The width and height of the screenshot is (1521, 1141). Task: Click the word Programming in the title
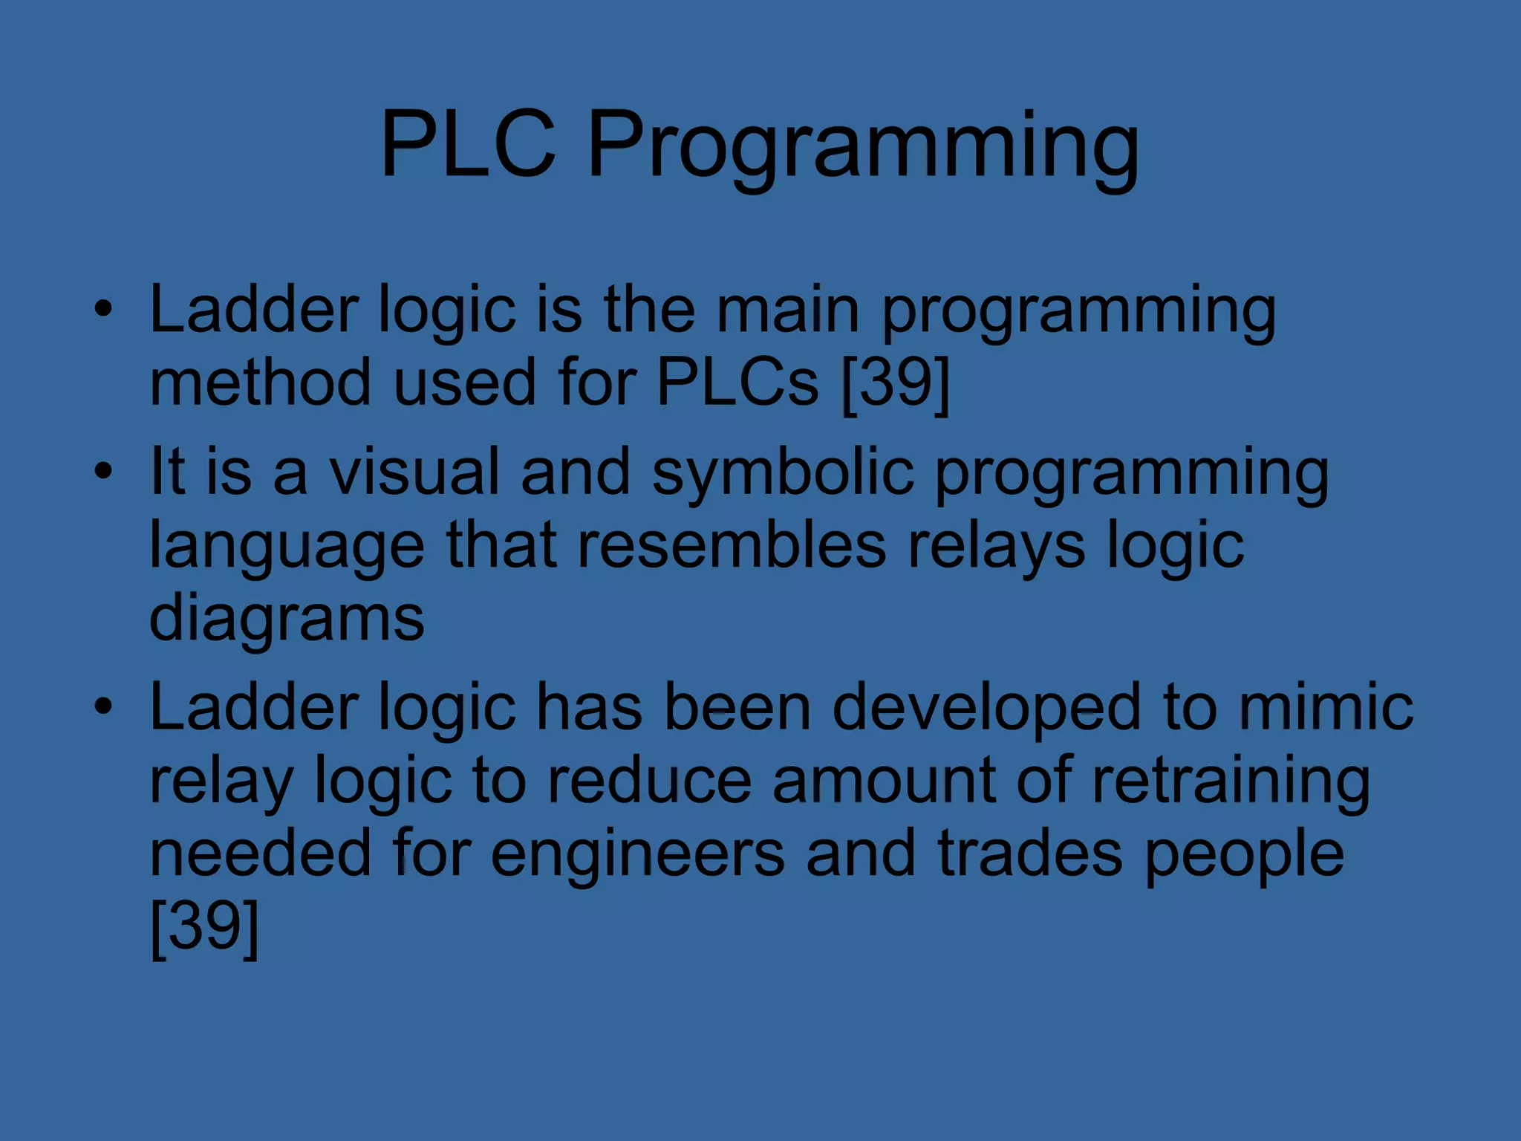[863, 149]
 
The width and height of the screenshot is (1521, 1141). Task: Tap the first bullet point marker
[104, 308]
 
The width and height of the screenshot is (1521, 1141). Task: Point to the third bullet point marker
[104, 706]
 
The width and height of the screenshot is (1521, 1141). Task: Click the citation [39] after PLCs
[896, 383]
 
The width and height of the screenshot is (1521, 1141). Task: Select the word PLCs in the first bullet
[737, 383]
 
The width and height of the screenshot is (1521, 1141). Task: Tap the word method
[260, 383]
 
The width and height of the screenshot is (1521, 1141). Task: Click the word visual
[414, 472]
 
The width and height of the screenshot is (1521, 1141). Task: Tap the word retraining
[1231, 781]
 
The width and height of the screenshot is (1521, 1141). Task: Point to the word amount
[883, 781]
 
